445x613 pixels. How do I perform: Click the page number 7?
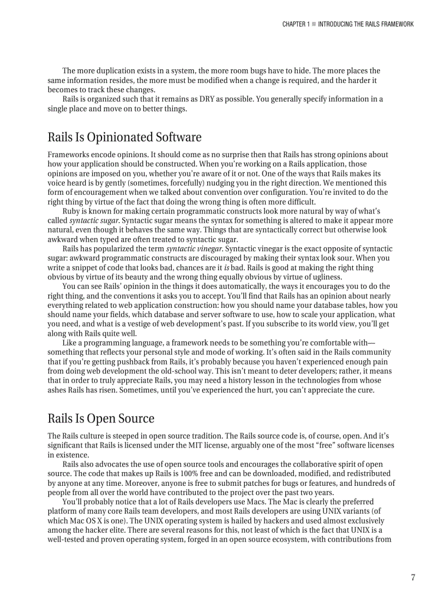[x=413, y=578]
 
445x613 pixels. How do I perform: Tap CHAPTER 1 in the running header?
[x=296, y=24]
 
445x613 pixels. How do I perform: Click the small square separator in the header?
[x=314, y=24]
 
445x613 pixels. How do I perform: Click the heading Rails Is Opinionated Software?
[x=124, y=137]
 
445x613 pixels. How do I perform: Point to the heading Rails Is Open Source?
[x=101, y=419]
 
